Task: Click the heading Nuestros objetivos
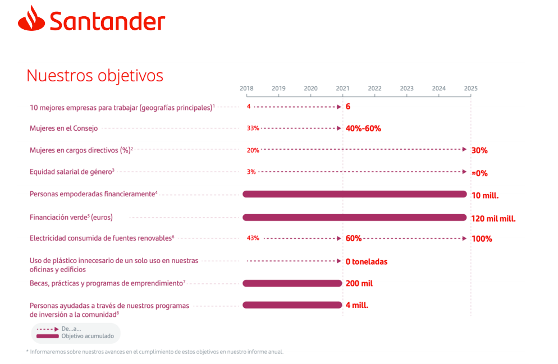point(95,76)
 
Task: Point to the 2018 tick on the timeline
point(246,89)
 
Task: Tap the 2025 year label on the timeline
point(470,89)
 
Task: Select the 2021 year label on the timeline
point(342,89)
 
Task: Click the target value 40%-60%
point(363,128)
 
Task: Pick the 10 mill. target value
point(485,196)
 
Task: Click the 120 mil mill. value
point(493,218)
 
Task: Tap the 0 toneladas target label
point(367,261)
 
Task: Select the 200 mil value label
point(359,283)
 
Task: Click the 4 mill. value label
point(357,305)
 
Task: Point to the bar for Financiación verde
point(354,217)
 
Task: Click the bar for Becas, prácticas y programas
point(292,283)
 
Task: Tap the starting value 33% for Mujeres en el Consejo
point(253,128)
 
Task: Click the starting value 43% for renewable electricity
point(253,238)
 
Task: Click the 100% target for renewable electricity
point(482,239)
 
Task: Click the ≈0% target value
point(480,173)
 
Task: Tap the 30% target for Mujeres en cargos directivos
point(479,150)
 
